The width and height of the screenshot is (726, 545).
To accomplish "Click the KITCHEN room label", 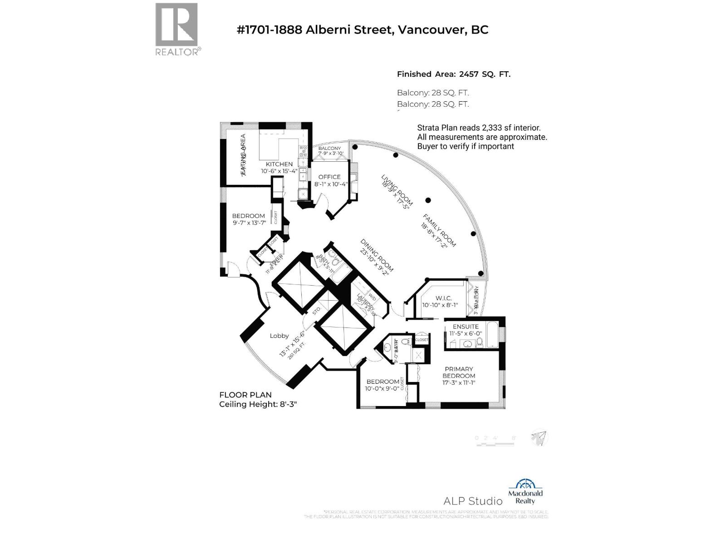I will pos(279,164).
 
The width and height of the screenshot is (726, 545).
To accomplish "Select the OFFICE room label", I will pos(329,177).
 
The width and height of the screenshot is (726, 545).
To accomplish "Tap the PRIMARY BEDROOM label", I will pos(459,372).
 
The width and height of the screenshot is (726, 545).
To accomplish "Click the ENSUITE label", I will pos(466,326).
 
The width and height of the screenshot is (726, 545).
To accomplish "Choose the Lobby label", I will pos(279,336).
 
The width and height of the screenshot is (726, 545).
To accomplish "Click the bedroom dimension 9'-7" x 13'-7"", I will pos(249,223).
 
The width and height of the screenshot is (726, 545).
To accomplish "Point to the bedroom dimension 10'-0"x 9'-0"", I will pos(382,389).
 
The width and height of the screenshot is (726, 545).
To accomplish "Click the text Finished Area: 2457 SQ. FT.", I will pos(453,74).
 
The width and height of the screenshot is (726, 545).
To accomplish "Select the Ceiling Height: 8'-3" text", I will pos(257,404).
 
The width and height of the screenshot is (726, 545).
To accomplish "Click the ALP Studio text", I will pos(473,501).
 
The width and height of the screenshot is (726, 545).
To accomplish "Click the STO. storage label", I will pos(316,310).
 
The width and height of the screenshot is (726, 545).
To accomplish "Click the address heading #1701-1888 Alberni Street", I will pos(363,30).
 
